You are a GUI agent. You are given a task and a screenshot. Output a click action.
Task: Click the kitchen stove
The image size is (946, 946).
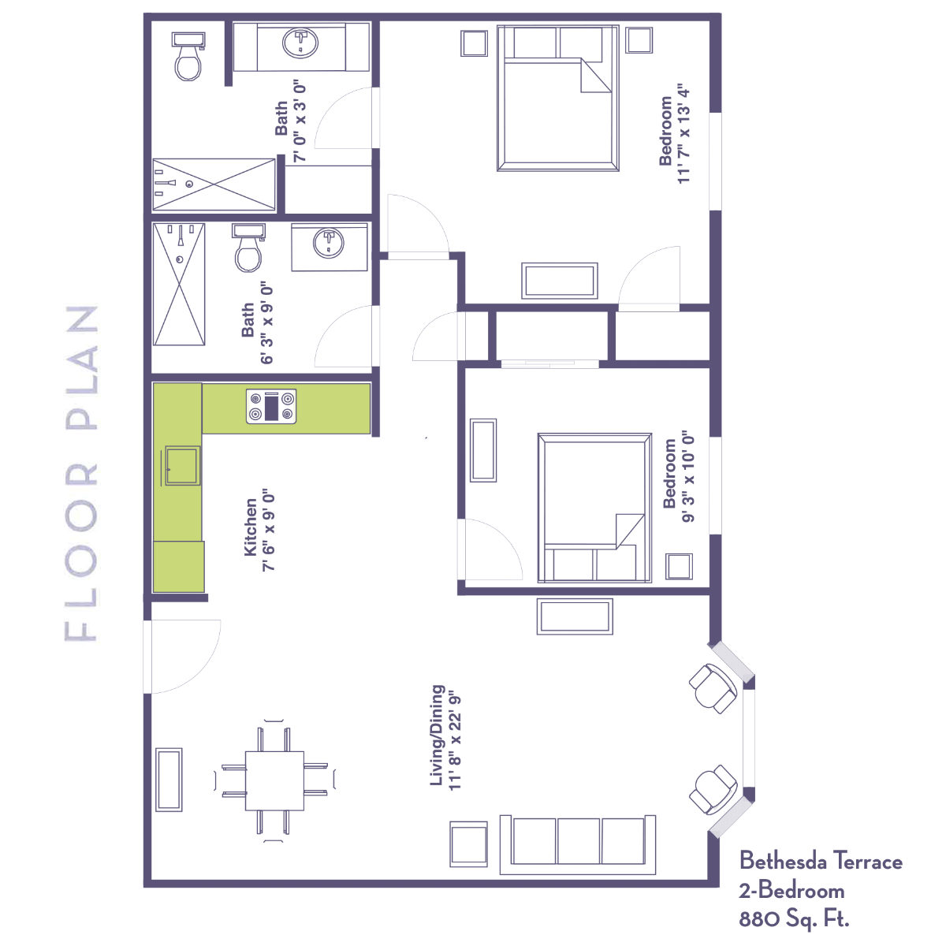pyautogui.click(x=271, y=407)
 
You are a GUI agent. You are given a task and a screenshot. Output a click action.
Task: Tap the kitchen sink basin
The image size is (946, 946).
pyautogui.click(x=182, y=465)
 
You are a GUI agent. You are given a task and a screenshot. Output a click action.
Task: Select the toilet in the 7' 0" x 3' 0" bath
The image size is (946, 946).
pyautogui.click(x=188, y=57)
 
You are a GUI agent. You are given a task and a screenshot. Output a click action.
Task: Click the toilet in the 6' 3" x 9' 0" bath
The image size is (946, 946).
pyautogui.click(x=248, y=248)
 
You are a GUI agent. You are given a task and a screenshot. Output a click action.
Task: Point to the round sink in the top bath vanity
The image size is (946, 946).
pyautogui.click(x=300, y=43)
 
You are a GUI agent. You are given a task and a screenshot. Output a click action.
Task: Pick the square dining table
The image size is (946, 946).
pyautogui.click(x=274, y=780)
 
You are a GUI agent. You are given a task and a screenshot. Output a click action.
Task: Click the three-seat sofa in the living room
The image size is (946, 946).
pyautogui.click(x=577, y=844)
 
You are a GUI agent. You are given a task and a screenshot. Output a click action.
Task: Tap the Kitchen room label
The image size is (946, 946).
pyautogui.click(x=251, y=527)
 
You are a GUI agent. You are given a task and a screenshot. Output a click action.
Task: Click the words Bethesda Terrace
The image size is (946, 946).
pyautogui.click(x=821, y=861)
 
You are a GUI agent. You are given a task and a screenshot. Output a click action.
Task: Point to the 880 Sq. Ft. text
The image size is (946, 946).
pyautogui.click(x=794, y=918)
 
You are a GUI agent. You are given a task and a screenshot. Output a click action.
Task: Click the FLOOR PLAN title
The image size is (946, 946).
pyautogui.click(x=81, y=473)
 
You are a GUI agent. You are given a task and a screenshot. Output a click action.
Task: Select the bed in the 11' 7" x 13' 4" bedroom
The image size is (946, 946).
pyautogui.click(x=557, y=99)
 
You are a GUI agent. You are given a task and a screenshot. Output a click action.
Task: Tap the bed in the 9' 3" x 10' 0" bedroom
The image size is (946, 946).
pyautogui.click(x=594, y=508)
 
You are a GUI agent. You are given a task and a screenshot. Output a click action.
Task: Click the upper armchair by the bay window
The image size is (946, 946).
pyautogui.click(x=713, y=688)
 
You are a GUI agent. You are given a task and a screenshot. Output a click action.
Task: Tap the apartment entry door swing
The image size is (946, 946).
pyautogui.click(x=182, y=657)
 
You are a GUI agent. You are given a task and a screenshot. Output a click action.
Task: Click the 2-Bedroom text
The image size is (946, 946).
pyautogui.click(x=791, y=891)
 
